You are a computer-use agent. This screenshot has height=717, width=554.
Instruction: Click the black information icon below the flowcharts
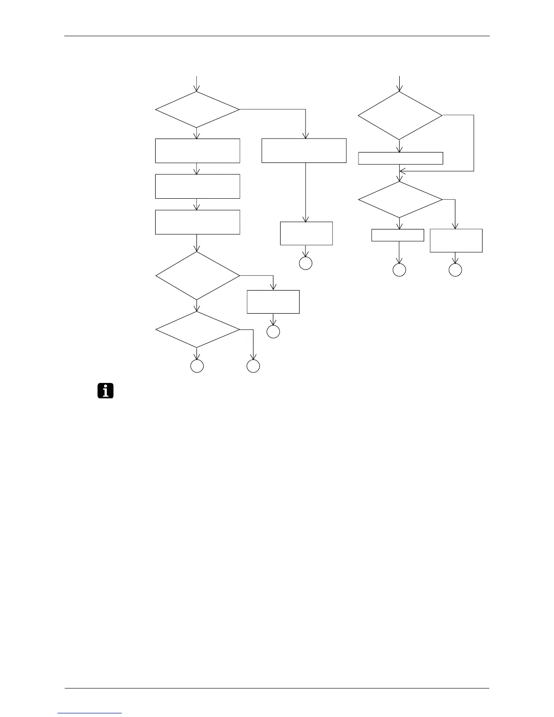pyautogui.click(x=105, y=391)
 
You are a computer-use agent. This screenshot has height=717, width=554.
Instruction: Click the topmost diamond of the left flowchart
pyautogui.click(x=197, y=110)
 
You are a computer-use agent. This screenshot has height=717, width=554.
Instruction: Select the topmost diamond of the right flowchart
pyautogui.click(x=400, y=115)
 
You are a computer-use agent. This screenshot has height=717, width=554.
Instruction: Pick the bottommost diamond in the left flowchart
pyautogui.click(x=197, y=330)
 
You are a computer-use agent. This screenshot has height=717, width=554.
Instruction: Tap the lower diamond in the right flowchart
pyautogui.click(x=400, y=200)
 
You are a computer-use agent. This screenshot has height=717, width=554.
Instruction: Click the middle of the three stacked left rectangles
pyautogui.click(x=197, y=186)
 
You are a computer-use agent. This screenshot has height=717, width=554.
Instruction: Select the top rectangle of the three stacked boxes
pyautogui.click(x=197, y=151)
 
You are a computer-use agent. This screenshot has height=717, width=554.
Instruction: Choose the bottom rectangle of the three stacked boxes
pyautogui.click(x=197, y=222)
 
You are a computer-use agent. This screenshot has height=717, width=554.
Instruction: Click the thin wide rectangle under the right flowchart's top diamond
pyautogui.click(x=400, y=158)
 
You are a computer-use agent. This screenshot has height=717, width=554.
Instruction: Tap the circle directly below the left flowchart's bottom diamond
pyautogui.click(x=197, y=366)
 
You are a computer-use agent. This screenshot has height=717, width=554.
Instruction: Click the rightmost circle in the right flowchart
pyautogui.click(x=455, y=270)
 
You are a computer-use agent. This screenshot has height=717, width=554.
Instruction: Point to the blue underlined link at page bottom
pyautogui.click(x=90, y=713)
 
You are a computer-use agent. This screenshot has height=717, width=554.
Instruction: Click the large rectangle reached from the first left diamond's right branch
pyautogui.click(x=304, y=151)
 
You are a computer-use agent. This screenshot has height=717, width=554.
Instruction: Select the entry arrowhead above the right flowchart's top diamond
pyautogui.click(x=400, y=88)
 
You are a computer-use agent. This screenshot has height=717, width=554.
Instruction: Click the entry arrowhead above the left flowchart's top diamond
pyautogui.click(x=197, y=88)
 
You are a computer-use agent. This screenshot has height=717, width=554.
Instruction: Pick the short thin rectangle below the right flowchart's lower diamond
pyautogui.click(x=397, y=235)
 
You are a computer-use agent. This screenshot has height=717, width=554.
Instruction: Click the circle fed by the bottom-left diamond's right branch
pyautogui.click(x=253, y=366)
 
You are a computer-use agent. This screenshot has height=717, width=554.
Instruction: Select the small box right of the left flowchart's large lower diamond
pyautogui.click(x=273, y=302)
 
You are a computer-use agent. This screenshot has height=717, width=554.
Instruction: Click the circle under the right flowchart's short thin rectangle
pyautogui.click(x=399, y=270)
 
